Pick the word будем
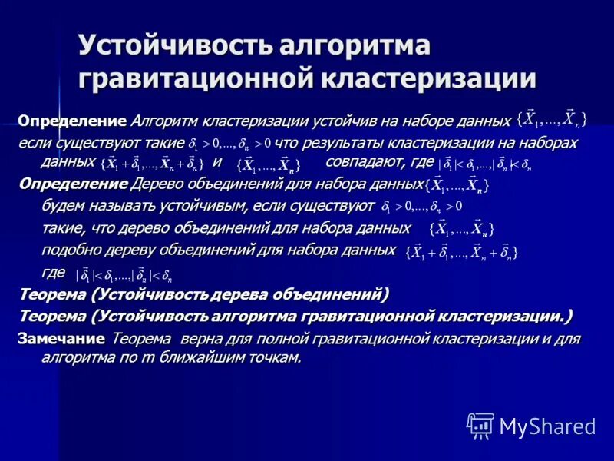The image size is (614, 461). tap(61, 206)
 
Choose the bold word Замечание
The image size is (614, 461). tap(61, 338)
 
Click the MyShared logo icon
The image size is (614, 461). tap(480, 425)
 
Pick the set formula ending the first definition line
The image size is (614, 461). tap(553, 118)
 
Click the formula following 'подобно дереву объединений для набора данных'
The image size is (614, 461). tap(461, 252)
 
